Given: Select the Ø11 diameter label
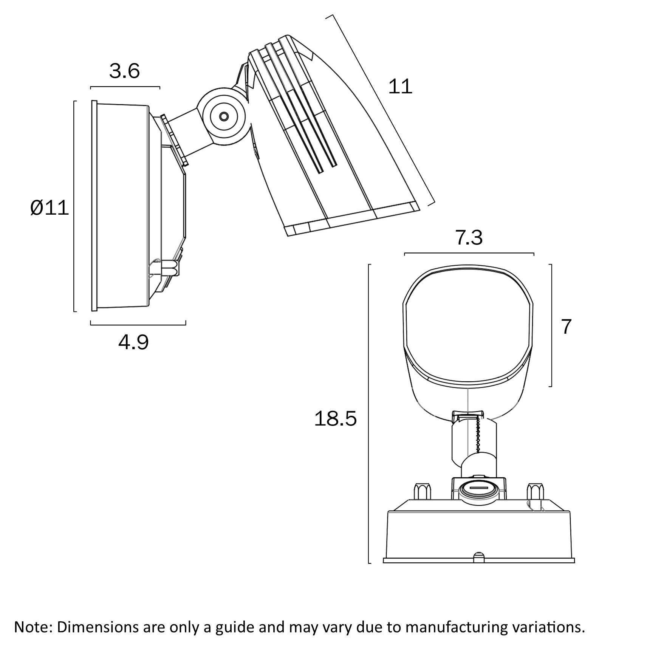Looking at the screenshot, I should point(50,208).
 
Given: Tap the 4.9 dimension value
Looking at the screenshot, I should point(133,342).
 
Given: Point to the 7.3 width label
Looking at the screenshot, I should point(469,238).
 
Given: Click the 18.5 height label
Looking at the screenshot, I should point(335,419).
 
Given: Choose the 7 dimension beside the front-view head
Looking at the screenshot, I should point(566,327).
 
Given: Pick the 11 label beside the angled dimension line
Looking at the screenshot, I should point(400,87).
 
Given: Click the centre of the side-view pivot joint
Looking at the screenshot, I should point(224,116).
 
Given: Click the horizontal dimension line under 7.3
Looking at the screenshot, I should point(469,253).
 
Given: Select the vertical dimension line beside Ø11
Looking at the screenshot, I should point(74,206).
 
